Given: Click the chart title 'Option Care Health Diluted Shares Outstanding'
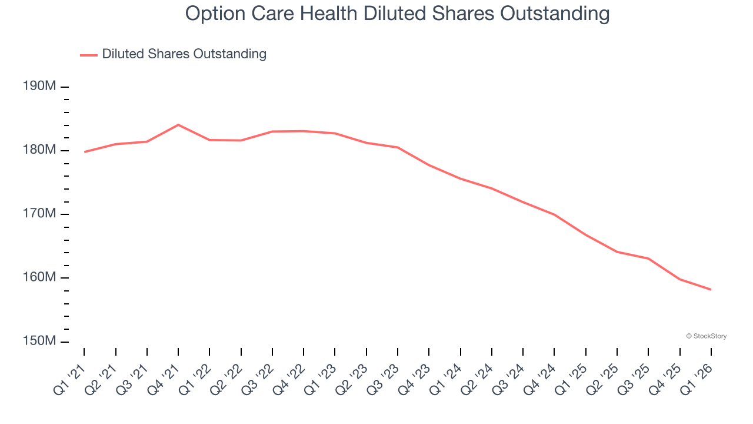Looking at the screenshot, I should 397,13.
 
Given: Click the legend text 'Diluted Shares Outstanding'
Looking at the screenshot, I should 184,54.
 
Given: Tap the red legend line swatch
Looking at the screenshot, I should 89,55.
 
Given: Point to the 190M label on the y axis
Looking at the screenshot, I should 39,87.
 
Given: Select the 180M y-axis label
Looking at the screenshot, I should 39,150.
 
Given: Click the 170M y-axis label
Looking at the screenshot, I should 39,214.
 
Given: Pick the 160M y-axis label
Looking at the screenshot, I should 39,277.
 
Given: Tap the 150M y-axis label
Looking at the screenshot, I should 39,342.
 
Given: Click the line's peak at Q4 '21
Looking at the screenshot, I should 178,125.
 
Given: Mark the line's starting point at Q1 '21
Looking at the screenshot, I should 84,152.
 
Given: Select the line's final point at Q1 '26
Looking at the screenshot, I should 711,289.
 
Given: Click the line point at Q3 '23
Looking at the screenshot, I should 398,147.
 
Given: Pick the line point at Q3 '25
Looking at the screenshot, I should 648,259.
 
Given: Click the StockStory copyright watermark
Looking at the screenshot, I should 706,336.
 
